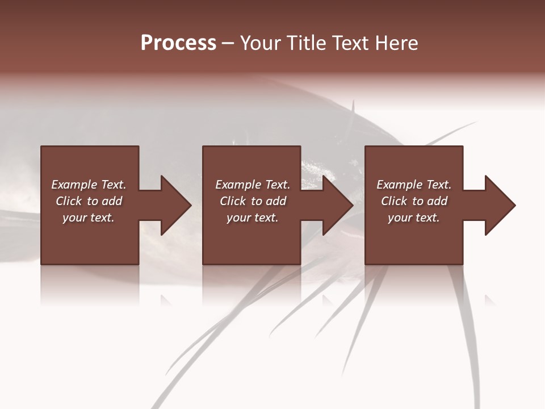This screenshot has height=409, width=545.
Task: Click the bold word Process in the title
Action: click(178, 43)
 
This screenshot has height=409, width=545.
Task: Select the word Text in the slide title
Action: click(350, 43)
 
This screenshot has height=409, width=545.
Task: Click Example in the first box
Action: click(74, 185)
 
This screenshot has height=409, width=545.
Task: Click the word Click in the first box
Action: click(69, 201)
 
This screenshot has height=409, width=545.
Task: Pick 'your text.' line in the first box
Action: click(89, 218)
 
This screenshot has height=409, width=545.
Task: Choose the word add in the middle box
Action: click(276, 201)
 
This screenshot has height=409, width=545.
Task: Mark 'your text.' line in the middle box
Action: click(252, 218)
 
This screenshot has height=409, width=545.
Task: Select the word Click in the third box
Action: click(395, 201)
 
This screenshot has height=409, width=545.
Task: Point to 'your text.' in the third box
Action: click(414, 218)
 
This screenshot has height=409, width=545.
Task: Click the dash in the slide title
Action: click(228, 43)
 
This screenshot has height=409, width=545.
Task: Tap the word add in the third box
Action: click(437, 201)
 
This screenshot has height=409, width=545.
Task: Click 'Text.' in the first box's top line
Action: click(114, 185)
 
